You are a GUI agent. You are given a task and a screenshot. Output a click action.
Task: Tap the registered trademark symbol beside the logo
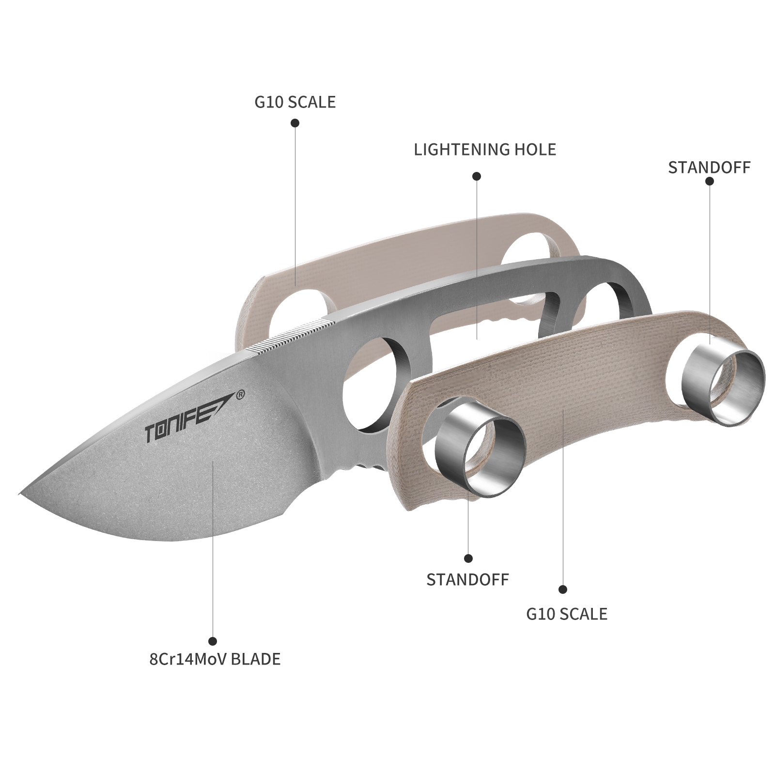click(x=239, y=394)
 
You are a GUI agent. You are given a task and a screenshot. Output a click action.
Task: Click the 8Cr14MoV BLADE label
click(x=215, y=659)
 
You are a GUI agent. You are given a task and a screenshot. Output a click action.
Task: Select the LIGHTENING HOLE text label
click(x=485, y=150)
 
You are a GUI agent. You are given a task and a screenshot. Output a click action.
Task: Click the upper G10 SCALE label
click(x=295, y=102)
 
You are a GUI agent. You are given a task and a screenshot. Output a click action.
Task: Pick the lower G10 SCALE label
click(x=567, y=614)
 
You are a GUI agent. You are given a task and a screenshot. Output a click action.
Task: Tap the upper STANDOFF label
click(x=709, y=168)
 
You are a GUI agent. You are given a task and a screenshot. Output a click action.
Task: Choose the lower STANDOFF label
click(x=467, y=580)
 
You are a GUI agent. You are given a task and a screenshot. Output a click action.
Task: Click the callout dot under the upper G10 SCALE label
click(x=294, y=123)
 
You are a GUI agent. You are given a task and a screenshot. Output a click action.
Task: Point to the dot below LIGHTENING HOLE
click(x=477, y=176)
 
